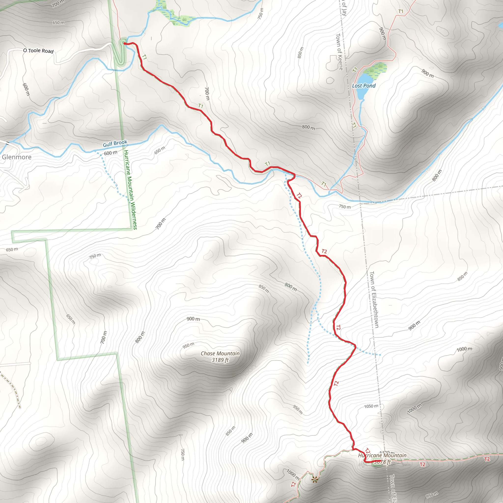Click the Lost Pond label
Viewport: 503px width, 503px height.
click(363, 86)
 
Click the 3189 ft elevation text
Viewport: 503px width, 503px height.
click(220, 360)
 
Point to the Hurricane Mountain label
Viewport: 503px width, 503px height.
click(382, 455)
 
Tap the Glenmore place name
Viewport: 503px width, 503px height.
click(17, 157)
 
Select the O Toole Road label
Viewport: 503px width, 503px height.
click(38, 51)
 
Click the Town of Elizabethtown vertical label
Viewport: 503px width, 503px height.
click(374, 299)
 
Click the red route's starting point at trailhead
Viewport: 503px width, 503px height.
click(125, 43)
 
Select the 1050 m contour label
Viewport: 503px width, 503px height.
click(371, 406)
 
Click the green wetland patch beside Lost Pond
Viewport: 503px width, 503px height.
click(375, 69)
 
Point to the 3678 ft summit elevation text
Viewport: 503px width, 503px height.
click(382, 462)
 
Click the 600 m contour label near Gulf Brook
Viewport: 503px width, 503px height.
click(110, 153)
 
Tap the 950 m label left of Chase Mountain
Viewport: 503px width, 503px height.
click(188, 346)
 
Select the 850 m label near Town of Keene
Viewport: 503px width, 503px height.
click(300, 52)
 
